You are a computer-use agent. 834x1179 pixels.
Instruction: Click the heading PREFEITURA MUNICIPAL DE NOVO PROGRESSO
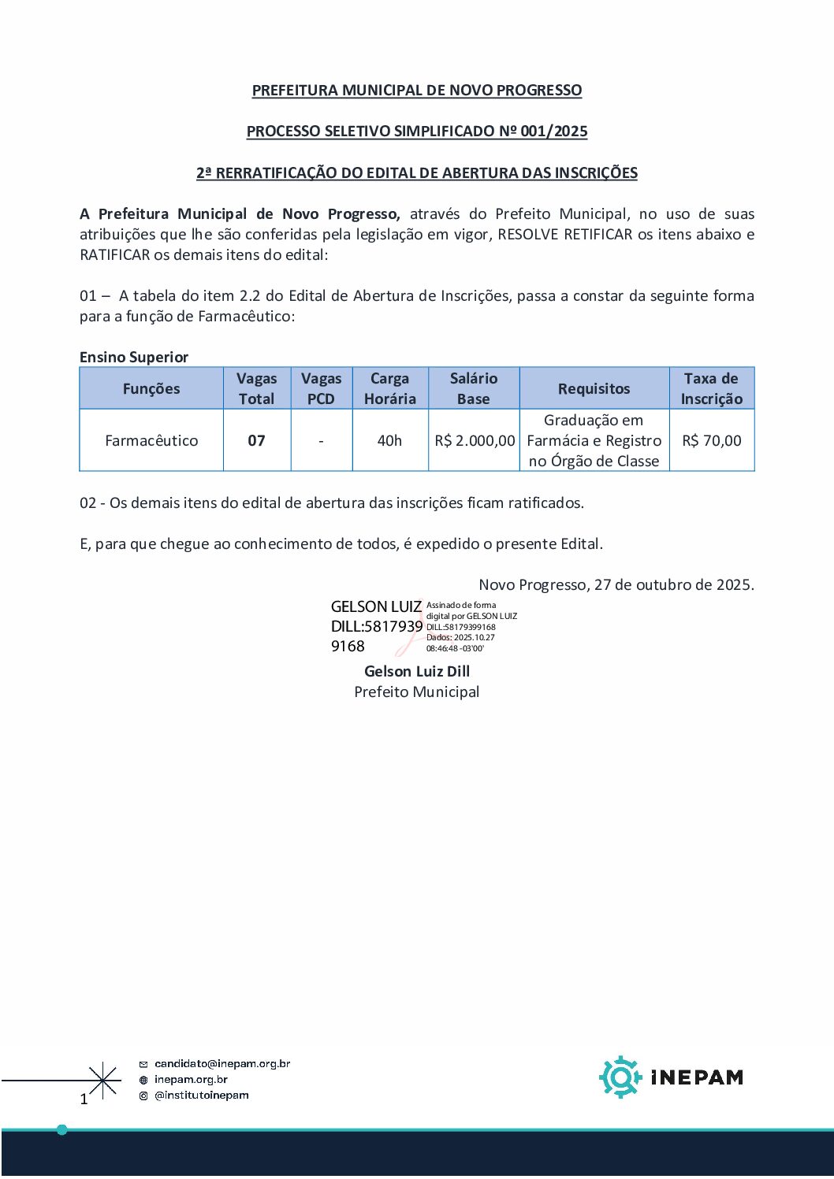[x=416, y=91]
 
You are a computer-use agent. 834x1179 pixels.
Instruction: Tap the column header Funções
[x=151, y=389]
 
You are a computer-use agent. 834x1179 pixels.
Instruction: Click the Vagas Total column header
[x=257, y=389]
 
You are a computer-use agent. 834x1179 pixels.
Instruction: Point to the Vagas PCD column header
[x=321, y=389]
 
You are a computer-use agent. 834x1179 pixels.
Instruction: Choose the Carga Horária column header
[x=389, y=389]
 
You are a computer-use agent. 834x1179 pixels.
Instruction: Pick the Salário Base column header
[x=474, y=389]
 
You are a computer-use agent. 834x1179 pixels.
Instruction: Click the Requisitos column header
[x=594, y=389]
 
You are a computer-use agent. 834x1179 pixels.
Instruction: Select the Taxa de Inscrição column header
[x=711, y=389]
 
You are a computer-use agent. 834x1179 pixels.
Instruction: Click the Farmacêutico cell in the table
[x=151, y=441]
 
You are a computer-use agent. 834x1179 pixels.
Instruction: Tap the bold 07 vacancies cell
[x=257, y=441]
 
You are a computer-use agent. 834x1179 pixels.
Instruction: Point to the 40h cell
[x=389, y=441]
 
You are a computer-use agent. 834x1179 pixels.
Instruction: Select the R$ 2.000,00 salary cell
[x=475, y=441]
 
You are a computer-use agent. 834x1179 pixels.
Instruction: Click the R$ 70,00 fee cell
[x=711, y=441]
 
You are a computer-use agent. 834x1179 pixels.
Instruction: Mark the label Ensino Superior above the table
[x=134, y=358]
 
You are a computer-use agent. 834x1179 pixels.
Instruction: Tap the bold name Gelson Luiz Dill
[x=416, y=672]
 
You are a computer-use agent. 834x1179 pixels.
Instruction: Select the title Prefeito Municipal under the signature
[x=416, y=692]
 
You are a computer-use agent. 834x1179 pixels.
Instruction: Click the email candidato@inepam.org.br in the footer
[x=222, y=1064]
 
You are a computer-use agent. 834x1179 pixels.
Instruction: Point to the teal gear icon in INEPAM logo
[x=620, y=1077]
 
